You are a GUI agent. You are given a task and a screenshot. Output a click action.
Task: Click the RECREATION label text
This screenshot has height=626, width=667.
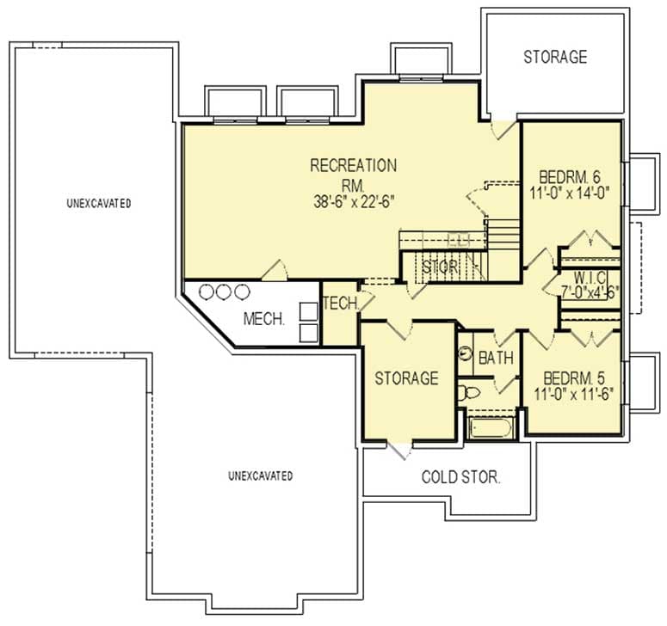point(353,165)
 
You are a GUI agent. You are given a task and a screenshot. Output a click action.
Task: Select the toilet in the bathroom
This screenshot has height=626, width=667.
point(469,394)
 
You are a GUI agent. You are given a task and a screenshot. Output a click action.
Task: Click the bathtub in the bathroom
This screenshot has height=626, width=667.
point(491,427)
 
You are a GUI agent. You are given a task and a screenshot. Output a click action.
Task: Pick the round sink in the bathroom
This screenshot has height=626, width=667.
point(466,353)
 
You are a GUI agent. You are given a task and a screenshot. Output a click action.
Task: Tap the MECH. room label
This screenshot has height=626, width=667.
point(264,319)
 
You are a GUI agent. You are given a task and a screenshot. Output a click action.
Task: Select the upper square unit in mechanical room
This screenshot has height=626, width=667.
point(307,310)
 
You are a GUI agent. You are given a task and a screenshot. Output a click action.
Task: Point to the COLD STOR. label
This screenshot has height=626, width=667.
point(460,477)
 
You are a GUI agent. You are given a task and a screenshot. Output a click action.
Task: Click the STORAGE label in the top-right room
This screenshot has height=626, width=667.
point(555,58)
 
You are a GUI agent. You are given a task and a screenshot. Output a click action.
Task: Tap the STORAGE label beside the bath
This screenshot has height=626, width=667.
point(406,378)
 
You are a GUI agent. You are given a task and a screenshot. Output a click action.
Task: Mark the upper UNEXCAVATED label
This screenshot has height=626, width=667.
point(98,204)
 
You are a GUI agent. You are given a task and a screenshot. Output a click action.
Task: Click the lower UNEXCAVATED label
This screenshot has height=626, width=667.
point(261,476)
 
